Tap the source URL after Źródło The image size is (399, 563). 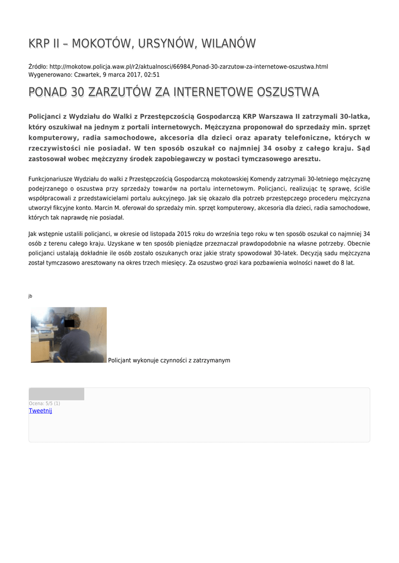coord(189,67)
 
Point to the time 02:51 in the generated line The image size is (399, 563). coord(152,74)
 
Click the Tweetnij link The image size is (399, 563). coord(40,411)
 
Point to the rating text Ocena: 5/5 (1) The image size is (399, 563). coord(45,404)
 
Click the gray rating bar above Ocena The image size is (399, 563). coord(56,394)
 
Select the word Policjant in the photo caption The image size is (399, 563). coord(119,360)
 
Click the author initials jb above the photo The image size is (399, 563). coord(30,296)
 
